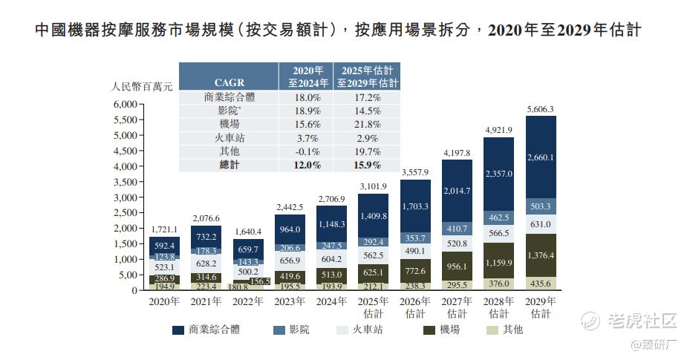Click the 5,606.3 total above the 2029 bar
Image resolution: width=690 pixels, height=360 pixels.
[x=540, y=110]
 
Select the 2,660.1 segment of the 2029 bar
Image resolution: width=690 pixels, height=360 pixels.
[x=540, y=157]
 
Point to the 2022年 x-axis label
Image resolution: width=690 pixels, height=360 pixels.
[x=247, y=302]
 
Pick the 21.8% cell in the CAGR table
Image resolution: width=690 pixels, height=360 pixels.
[x=368, y=124]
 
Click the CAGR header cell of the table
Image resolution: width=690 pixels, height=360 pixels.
[x=229, y=82]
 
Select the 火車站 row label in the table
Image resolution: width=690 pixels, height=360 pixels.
[x=229, y=137]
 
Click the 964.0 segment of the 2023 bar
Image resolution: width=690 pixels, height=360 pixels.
[x=290, y=230]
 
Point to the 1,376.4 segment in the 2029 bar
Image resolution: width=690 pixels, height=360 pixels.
[x=540, y=256]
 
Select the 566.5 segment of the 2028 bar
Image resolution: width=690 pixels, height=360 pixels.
[x=498, y=232]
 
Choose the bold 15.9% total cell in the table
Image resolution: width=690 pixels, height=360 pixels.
[x=368, y=165]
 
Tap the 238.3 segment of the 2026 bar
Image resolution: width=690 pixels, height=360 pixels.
[x=414, y=285]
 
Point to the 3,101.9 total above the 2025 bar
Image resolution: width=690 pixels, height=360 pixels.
[x=373, y=186]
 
